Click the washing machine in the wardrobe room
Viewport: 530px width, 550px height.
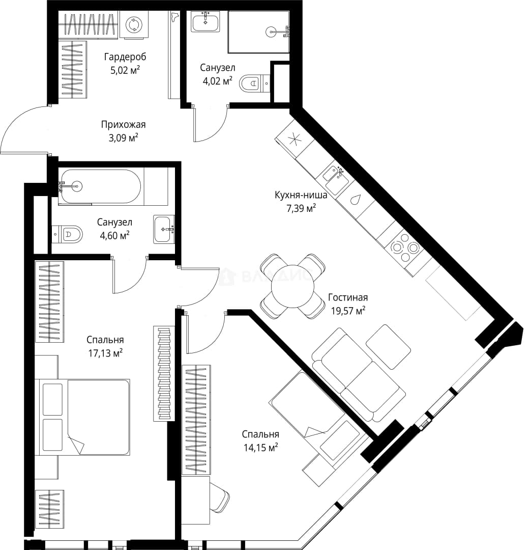pyautogui.click(x=134, y=24)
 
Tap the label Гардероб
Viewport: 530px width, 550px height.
pyautogui.click(x=125, y=57)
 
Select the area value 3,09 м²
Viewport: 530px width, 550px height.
pyautogui.click(x=123, y=138)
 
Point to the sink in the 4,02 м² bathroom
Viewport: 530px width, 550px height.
pyautogui.click(x=205, y=21)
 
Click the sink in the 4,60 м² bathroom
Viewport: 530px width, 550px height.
pyautogui.click(x=164, y=229)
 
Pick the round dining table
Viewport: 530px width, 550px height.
pyautogui.click(x=293, y=286)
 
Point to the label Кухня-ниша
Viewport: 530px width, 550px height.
pyautogui.click(x=301, y=195)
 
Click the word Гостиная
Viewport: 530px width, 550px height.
pyautogui.click(x=348, y=297)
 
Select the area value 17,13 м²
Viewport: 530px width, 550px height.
pyautogui.click(x=105, y=353)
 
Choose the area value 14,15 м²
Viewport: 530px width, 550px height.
pyautogui.click(x=260, y=448)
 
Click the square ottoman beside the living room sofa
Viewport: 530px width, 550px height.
pyautogui.click(x=388, y=347)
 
